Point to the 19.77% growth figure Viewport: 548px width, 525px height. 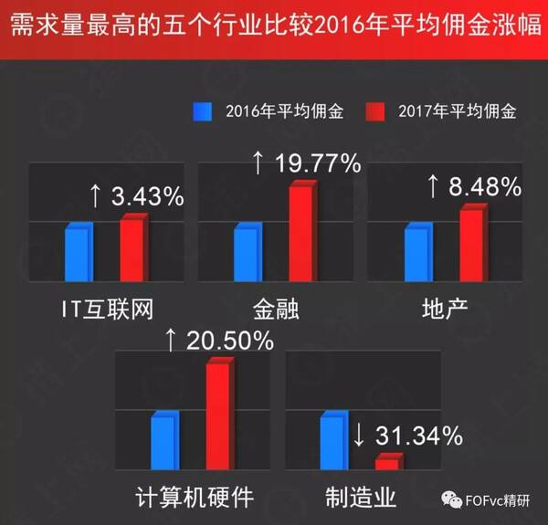(x=316, y=163)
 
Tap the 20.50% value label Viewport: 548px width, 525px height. (x=229, y=340)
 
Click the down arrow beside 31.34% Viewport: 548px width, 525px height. (x=358, y=436)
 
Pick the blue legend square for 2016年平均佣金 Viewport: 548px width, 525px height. (x=202, y=112)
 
